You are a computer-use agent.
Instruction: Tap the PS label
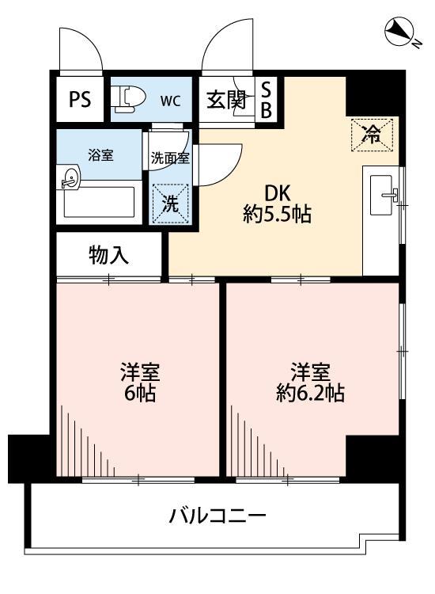(x=80, y=100)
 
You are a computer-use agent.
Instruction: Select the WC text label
(x=170, y=101)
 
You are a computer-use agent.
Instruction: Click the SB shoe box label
(x=267, y=101)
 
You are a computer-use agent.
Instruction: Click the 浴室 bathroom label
(x=100, y=155)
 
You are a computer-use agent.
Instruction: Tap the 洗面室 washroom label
(x=170, y=157)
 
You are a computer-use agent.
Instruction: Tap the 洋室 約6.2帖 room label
(x=308, y=382)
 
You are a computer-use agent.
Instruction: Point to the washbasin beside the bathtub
(x=68, y=179)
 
